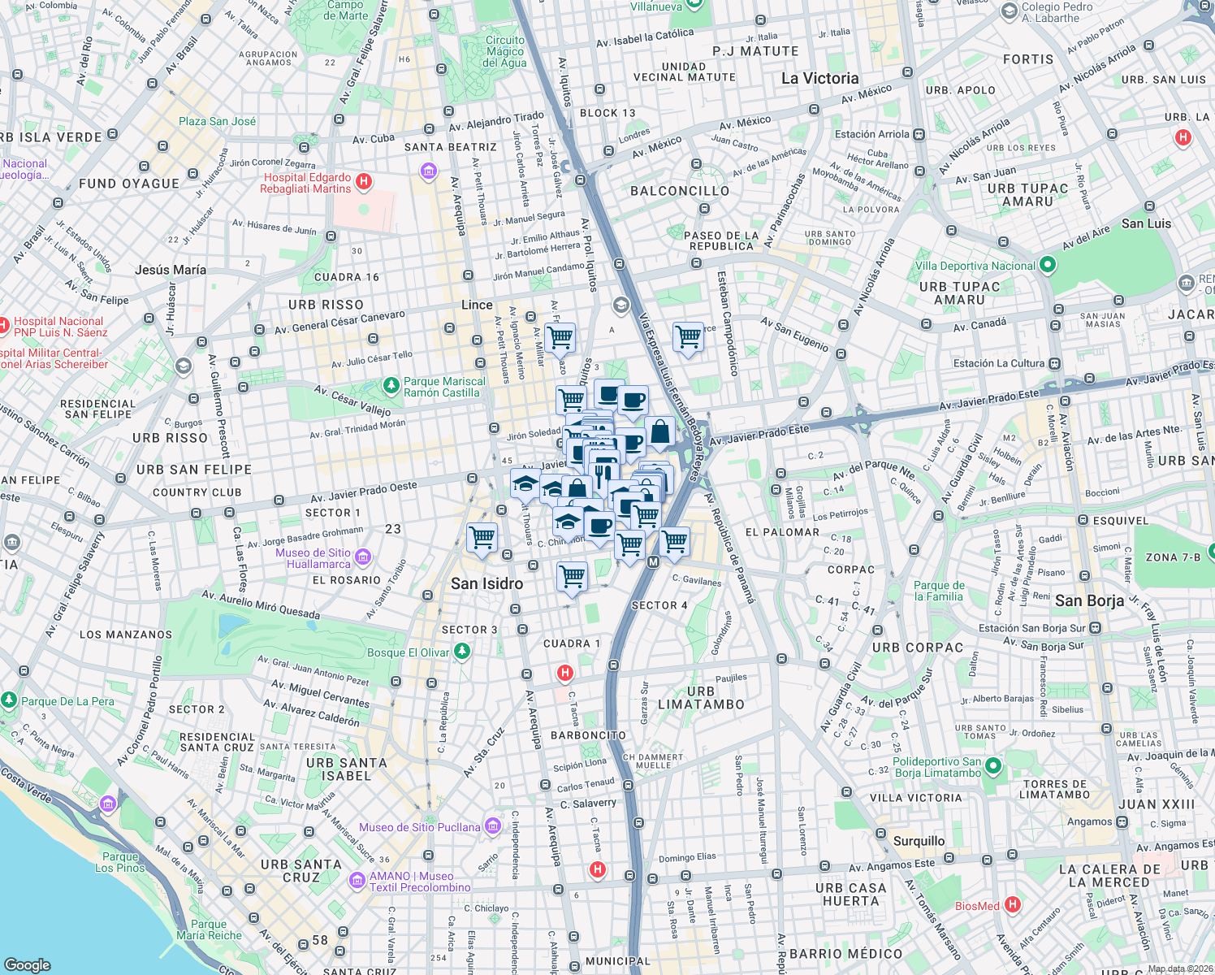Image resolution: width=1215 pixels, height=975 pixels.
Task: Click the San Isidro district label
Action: pos(486,583)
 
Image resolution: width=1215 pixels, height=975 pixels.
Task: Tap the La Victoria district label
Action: pos(819,79)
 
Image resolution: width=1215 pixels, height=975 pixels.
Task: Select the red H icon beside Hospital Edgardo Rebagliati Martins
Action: pos(364,182)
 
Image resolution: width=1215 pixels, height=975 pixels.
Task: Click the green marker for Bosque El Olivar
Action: pos(462,651)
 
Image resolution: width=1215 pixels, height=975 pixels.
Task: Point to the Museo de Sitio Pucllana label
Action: pos(420,827)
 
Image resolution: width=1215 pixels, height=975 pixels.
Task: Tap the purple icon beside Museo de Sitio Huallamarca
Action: pos(363,557)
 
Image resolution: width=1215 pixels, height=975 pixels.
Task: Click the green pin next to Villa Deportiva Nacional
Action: pos(1047,265)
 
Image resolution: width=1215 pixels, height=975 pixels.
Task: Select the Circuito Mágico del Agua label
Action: pos(505,51)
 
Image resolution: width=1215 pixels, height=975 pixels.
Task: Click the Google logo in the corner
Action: pos(27,964)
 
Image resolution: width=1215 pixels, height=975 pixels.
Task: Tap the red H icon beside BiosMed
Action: pos(1012,904)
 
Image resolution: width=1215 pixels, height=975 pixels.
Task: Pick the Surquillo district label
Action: pos(919,841)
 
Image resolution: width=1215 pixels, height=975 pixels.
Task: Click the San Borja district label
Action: pos(1089,600)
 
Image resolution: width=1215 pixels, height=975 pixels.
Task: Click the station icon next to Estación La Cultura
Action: pos(1054,363)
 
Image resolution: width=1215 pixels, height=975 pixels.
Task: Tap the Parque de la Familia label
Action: pos(939,591)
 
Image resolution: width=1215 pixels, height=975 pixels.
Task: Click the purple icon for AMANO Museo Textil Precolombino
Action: pos(357,881)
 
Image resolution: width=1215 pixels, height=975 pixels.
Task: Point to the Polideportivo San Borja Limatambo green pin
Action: pos(992,766)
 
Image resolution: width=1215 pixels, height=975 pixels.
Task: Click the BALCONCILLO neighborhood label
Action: pos(680,191)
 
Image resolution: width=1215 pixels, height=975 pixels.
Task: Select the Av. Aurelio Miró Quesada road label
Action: pos(260,604)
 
